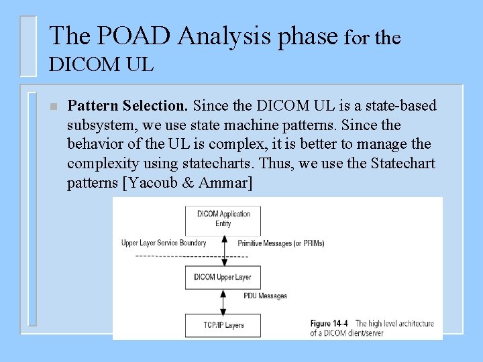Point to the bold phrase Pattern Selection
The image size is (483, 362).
pos(128,106)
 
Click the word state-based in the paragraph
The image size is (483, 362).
pos(401,106)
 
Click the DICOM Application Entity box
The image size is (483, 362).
pos(223,219)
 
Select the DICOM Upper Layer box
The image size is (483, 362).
pos(223,278)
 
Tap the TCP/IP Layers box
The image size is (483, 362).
pos(223,325)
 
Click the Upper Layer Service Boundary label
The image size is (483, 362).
pos(164,243)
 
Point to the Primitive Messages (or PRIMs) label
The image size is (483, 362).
pos(281,243)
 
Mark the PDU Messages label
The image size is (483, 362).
pos(265,296)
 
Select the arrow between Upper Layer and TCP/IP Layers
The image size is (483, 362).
pos(223,301)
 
